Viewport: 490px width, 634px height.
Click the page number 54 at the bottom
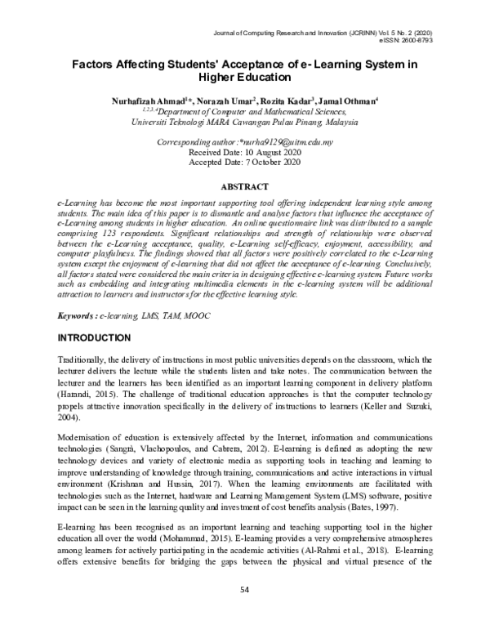point(245,613)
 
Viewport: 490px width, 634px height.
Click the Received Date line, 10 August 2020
point(245,152)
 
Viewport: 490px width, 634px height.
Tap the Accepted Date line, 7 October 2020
point(245,163)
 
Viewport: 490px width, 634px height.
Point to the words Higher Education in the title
point(245,78)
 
